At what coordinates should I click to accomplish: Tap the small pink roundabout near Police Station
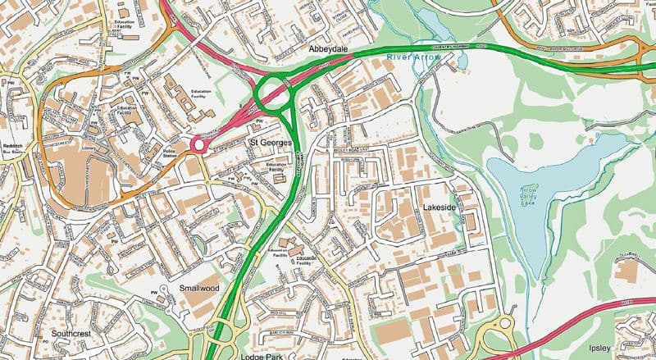coord(198,145)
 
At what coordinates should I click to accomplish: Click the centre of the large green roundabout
coord(274,93)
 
